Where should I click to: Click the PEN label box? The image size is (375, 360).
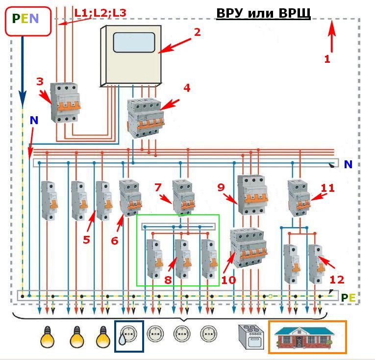[x=28, y=21]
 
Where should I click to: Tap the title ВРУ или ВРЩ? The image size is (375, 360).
[x=263, y=13]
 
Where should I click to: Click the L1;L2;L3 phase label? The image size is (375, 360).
[x=100, y=13]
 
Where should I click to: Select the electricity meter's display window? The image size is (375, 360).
[x=134, y=42]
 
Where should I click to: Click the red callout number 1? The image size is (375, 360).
[x=327, y=59]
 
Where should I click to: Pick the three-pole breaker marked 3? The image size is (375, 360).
[x=65, y=103]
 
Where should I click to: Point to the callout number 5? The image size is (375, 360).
[x=86, y=240]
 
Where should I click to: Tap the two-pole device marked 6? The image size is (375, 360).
[x=130, y=198]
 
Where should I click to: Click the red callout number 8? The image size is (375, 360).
[x=168, y=280]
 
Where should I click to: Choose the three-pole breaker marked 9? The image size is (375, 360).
[x=252, y=195]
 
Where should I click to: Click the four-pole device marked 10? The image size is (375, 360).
[x=248, y=248]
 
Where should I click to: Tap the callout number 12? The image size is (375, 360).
[x=337, y=280]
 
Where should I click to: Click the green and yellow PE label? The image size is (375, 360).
[x=348, y=298]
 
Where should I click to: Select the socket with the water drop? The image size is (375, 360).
[x=129, y=336]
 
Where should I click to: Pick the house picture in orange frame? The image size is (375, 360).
[x=307, y=337]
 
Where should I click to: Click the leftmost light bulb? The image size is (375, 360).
[x=48, y=337]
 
